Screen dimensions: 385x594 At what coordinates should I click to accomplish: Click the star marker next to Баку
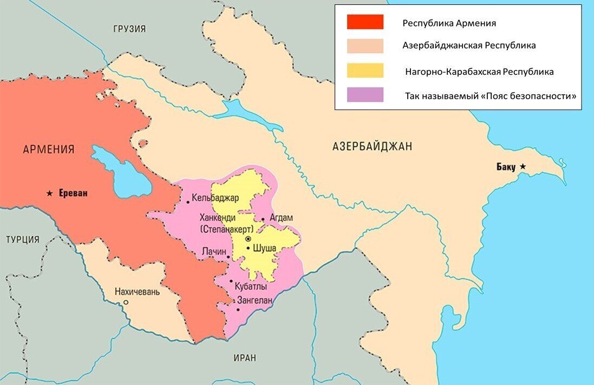[x=523, y=166]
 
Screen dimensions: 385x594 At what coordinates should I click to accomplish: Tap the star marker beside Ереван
[x=50, y=193]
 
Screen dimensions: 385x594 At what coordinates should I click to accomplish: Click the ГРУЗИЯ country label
[x=129, y=29]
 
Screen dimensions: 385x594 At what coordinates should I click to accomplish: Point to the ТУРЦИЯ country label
[x=23, y=239]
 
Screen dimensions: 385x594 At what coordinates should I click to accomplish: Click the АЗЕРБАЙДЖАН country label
[x=372, y=146]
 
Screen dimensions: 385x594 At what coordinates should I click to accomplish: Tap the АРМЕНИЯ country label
[x=49, y=149]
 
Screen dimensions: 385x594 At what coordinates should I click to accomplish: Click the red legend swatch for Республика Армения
[x=365, y=22]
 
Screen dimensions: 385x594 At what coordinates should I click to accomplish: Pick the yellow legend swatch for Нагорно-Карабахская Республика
[x=365, y=71]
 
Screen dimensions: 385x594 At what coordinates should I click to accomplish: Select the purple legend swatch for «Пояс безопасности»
[x=365, y=95]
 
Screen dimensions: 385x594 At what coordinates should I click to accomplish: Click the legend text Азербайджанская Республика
[x=469, y=46]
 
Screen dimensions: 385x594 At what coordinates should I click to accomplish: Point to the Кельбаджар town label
[x=215, y=198]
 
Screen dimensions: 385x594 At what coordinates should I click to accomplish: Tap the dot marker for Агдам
[x=263, y=220]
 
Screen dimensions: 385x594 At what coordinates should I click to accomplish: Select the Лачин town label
[x=213, y=253]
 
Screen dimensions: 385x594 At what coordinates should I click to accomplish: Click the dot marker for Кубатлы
[x=232, y=282]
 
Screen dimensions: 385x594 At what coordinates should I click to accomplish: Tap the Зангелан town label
[x=254, y=300]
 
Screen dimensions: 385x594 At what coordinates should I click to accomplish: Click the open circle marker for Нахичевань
[x=126, y=303]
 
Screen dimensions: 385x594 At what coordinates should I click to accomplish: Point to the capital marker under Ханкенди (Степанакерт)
[x=248, y=239]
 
